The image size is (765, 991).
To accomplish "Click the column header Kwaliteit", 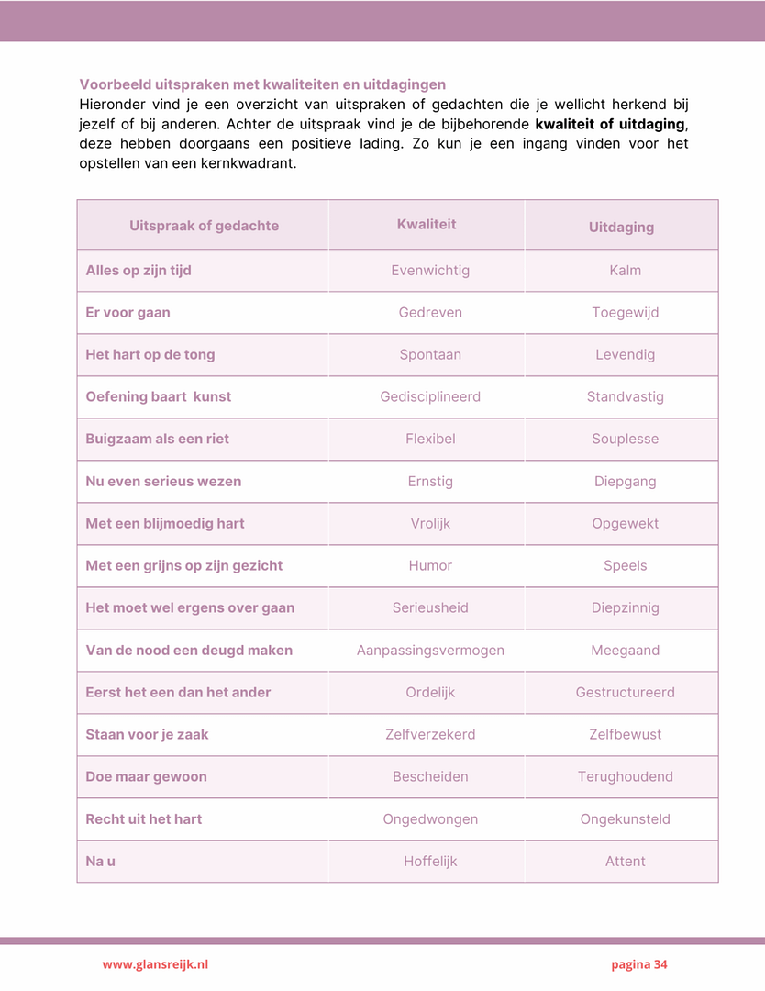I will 427,225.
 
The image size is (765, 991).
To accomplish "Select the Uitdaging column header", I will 621,227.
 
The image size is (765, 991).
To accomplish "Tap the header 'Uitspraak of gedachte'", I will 204,226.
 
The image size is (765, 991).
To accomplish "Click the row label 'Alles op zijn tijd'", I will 139,271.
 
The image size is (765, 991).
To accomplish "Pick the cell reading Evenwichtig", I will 430,271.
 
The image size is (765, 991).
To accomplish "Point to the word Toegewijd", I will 625,313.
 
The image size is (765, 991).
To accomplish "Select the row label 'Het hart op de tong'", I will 150,355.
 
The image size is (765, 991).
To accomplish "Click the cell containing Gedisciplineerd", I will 430,397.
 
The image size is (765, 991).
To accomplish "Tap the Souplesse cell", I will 625,440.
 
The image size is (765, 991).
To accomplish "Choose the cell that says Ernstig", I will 430,482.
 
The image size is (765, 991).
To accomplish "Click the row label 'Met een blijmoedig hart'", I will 165,524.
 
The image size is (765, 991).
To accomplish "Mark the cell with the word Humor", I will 430,566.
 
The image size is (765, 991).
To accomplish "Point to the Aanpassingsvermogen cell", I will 430,651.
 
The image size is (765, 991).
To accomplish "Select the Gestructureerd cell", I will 625,693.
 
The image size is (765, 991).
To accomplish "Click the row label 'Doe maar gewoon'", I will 146,777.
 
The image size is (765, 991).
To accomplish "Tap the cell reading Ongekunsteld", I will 625,819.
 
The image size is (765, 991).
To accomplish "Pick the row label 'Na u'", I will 100,862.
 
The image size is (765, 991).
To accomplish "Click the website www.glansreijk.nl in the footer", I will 155,964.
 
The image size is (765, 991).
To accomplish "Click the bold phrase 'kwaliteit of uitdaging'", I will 610,124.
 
